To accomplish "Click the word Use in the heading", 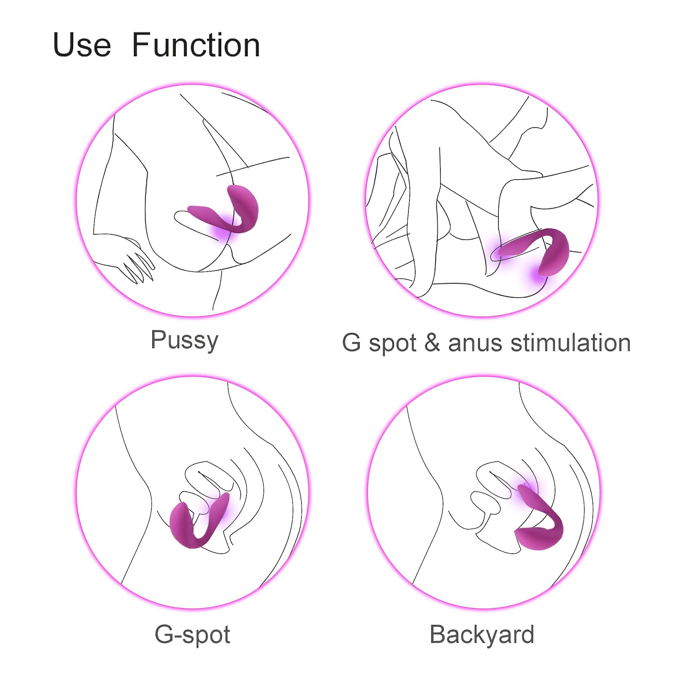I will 81,45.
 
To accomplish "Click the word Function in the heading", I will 196,45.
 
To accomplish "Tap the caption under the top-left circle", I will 184,340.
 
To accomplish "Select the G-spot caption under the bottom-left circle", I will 192,635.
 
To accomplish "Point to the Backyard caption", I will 482,635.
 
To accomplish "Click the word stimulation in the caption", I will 570,343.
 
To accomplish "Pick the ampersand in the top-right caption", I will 432,343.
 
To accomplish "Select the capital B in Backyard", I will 437,635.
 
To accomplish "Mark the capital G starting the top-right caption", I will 351,343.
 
